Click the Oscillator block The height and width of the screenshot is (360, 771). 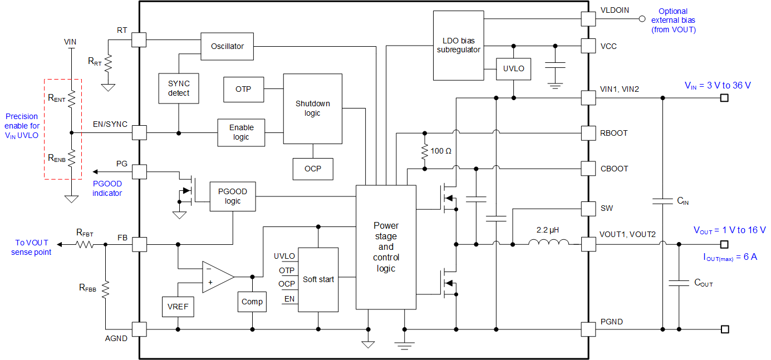227,47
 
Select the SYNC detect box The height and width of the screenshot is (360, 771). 179,88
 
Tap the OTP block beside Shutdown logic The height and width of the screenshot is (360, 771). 243,90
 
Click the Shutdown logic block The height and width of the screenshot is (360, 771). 312,108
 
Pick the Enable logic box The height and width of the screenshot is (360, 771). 241,132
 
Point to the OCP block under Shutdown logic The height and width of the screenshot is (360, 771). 313,169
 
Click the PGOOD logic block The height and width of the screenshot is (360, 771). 233,196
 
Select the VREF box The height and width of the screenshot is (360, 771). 178,306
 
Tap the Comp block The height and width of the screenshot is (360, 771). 252,302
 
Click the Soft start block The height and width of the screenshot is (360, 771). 318,279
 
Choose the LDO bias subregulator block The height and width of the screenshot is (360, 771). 458,46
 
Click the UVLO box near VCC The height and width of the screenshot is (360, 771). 513,69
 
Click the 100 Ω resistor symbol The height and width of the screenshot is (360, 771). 425,151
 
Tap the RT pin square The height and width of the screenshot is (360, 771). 139,40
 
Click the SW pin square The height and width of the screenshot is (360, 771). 588,209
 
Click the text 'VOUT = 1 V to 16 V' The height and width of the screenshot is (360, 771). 729,230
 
